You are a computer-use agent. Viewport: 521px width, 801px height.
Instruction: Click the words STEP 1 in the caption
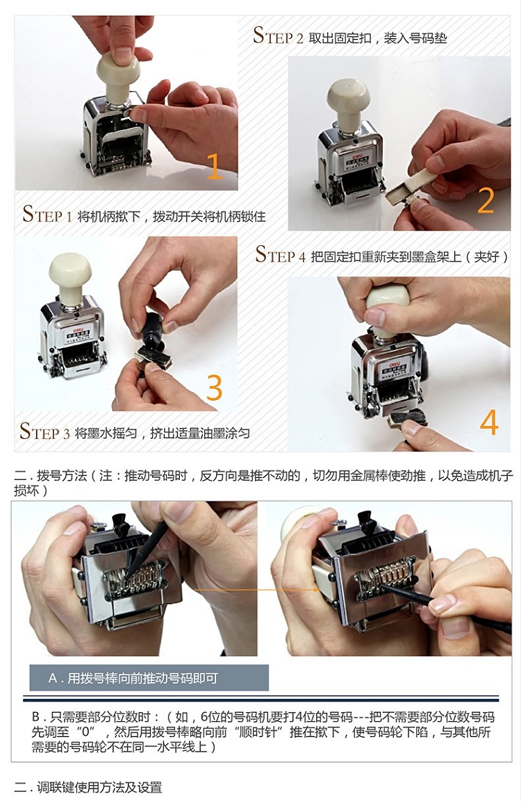coord(47,215)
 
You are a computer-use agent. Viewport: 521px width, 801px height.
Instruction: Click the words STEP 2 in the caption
coord(278,36)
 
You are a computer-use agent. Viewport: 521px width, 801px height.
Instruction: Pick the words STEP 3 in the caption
coord(44,432)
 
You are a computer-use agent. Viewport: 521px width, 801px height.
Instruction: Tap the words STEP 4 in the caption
coord(281,255)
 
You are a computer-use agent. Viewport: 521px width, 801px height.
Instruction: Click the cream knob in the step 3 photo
coord(70,272)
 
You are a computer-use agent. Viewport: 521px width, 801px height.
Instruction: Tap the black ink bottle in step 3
coord(153,330)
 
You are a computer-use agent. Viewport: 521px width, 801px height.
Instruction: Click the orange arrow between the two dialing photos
coord(256,591)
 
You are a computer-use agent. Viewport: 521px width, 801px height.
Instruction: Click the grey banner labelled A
coord(149,678)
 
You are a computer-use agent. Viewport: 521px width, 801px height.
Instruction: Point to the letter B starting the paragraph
coord(35,717)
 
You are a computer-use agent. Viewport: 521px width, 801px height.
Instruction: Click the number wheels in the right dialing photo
coord(386,576)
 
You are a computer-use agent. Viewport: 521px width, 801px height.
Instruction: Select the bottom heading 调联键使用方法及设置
coord(99,787)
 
